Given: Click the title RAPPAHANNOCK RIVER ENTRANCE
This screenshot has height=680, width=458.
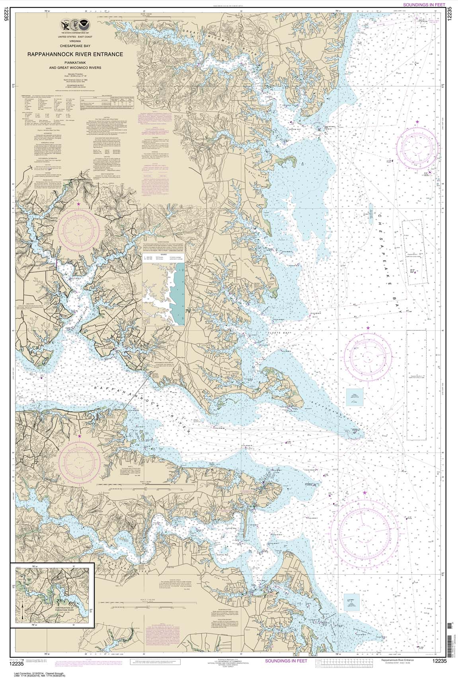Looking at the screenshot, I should point(75,55).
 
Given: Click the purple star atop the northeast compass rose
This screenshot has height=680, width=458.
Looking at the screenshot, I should point(417,121).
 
